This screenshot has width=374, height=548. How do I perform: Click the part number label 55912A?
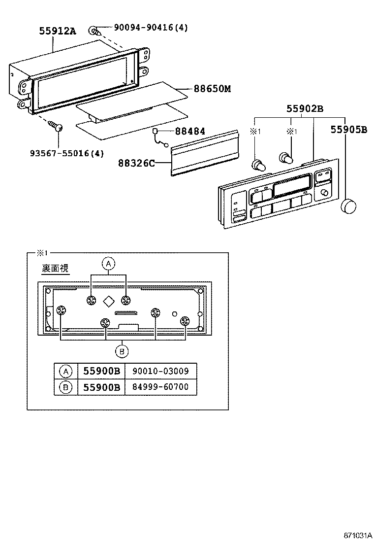point(58,31)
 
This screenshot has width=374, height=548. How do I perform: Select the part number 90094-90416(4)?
point(151,28)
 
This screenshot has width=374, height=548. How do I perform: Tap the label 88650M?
point(212,89)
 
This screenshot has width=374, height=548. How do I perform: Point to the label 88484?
point(189,132)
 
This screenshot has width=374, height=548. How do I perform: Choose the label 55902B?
point(305,109)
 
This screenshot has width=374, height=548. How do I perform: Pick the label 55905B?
point(348,130)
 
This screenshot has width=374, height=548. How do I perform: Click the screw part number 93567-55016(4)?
point(66,153)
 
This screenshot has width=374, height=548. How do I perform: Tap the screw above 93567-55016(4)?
point(55,127)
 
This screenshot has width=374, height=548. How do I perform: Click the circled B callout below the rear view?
point(122,351)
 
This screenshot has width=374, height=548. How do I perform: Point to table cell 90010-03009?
point(160,371)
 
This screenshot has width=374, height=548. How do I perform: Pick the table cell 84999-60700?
point(160,387)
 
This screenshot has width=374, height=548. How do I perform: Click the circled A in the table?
point(65,371)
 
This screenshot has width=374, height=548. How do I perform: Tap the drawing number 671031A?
point(358,535)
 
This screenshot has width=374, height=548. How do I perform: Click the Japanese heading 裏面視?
point(55,269)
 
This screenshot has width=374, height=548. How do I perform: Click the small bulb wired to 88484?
point(156,132)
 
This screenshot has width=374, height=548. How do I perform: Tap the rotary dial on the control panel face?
point(324,193)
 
